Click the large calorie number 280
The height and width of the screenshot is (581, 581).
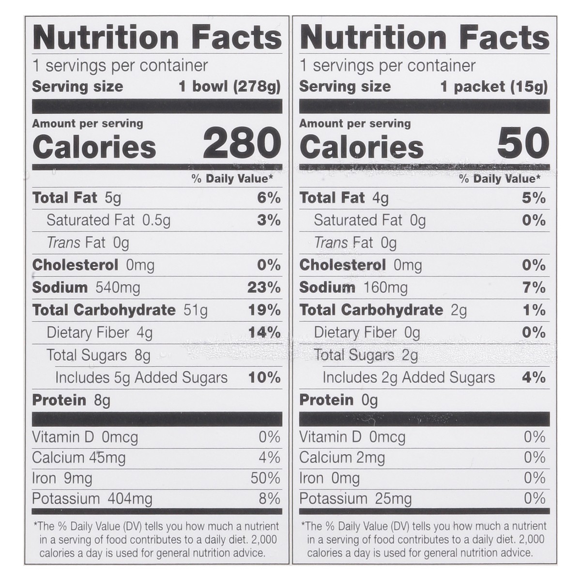pyautogui.click(x=242, y=143)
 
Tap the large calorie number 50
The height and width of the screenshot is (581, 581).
pyautogui.click(x=523, y=143)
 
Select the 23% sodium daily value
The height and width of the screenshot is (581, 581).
pyautogui.click(x=264, y=288)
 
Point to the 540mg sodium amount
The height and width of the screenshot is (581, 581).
pyautogui.click(x=118, y=288)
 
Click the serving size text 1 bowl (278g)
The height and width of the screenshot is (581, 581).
pyautogui.click(x=229, y=87)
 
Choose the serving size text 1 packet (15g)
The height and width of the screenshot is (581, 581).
pyautogui.click(x=494, y=87)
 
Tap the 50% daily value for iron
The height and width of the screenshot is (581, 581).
pyautogui.click(x=265, y=478)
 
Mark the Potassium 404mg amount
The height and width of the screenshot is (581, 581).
pyautogui.click(x=92, y=499)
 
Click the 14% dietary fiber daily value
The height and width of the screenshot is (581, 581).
pyautogui.click(x=264, y=333)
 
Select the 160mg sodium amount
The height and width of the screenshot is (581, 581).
pyautogui.click(x=385, y=288)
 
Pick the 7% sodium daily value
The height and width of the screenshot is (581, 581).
pyautogui.click(x=534, y=288)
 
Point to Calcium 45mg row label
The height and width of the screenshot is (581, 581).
pyautogui.click(x=79, y=458)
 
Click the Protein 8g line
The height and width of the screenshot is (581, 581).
pyautogui.click(x=71, y=400)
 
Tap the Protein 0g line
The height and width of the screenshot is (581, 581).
pyautogui.click(x=338, y=400)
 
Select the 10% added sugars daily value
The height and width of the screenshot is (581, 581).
pyautogui.click(x=264, y=378)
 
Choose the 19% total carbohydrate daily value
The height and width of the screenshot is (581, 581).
pyautogui.click(x=264, y=310)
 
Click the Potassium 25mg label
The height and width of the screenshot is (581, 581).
pyautogui.click(x=355, y=499)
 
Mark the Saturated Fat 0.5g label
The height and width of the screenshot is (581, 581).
pyautogui.click(x=108, y=221)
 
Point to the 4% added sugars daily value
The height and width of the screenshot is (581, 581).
pyautogui.click(x=534, y=378)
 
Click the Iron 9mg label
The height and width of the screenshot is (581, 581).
pyautogui.click(x=62, y=478)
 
